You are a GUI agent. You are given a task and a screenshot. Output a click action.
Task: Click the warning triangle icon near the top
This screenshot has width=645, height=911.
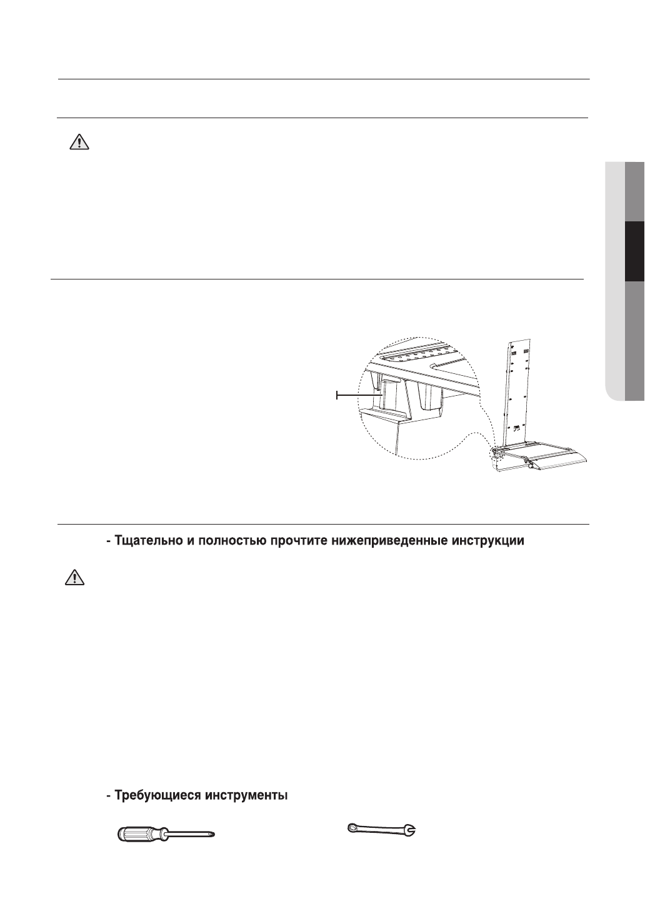tap(79, 143)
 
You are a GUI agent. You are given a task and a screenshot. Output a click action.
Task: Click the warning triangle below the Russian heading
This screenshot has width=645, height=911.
tap(74, 578)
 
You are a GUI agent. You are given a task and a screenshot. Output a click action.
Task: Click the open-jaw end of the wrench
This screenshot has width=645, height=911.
tap(411, 830)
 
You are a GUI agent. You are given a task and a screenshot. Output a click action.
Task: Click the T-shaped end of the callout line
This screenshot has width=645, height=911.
tap(337, 395)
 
